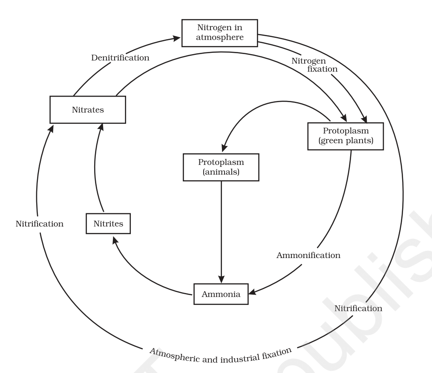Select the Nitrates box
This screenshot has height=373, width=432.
pyautogui.click(x=88, y=110)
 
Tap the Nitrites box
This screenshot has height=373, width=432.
pyautogui.click(x=108, y=223)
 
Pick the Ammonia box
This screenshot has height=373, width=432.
pyautogui.click(x=221, y=294)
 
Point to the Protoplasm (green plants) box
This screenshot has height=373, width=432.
pyautogui.click(x=346, y=136)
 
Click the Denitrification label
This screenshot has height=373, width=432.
pyautogui.click(x=121, y=57)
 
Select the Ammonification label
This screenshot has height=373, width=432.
pyautogui.click(x=308, y=255)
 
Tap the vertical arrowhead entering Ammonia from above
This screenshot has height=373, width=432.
pyautogui.click(x=221, y=279)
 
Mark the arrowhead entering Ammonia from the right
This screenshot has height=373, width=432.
pyautogui.click(x=253, y=293)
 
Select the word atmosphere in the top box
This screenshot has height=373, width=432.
pyautogui.click(x=219, y=37)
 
